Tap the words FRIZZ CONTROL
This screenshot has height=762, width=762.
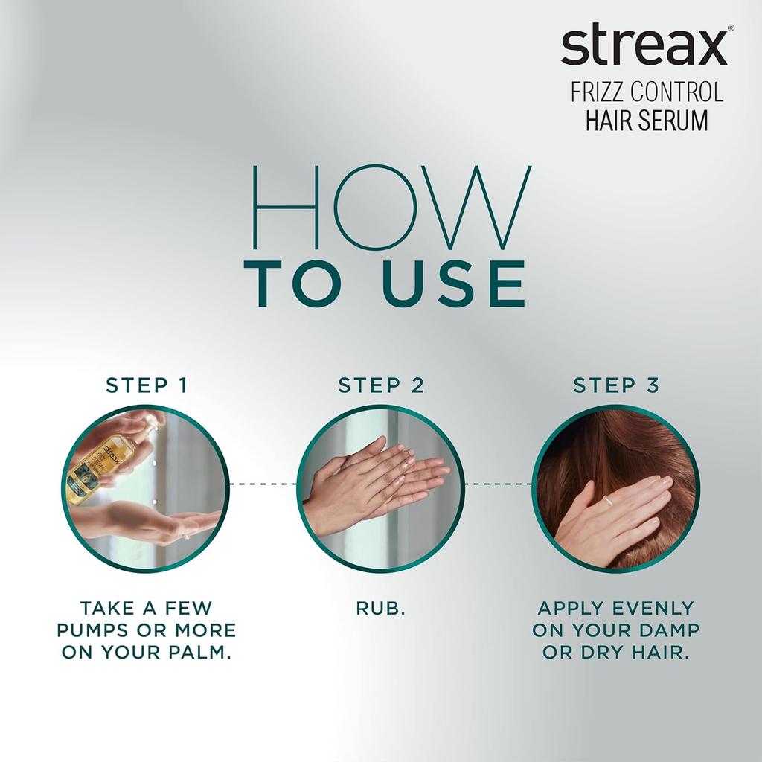pos(647,93)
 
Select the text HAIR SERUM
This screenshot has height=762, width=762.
pos(647,120)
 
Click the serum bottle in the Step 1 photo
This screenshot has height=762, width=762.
pos(108,461)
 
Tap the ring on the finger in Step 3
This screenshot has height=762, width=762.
pos(608,501)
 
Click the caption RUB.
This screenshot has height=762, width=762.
pos(381,608)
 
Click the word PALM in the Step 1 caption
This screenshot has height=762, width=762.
pos(199,653)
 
